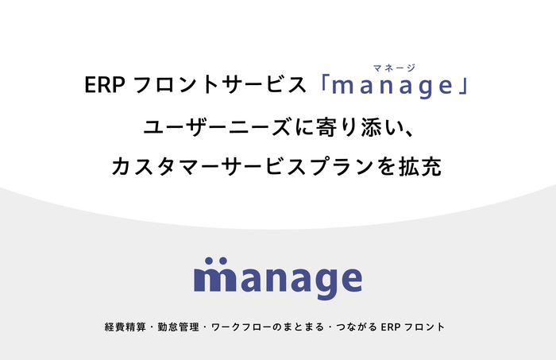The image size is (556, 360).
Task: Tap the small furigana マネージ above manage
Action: (394, 68)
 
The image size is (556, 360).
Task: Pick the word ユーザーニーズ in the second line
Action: (206, 127)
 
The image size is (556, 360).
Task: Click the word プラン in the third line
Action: (338, 168)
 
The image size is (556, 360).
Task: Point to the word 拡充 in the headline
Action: (420, 168)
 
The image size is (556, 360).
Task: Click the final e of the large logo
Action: (347, 279)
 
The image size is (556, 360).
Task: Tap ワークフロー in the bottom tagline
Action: (233, 327)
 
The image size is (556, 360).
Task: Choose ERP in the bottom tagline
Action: (392, 327)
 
